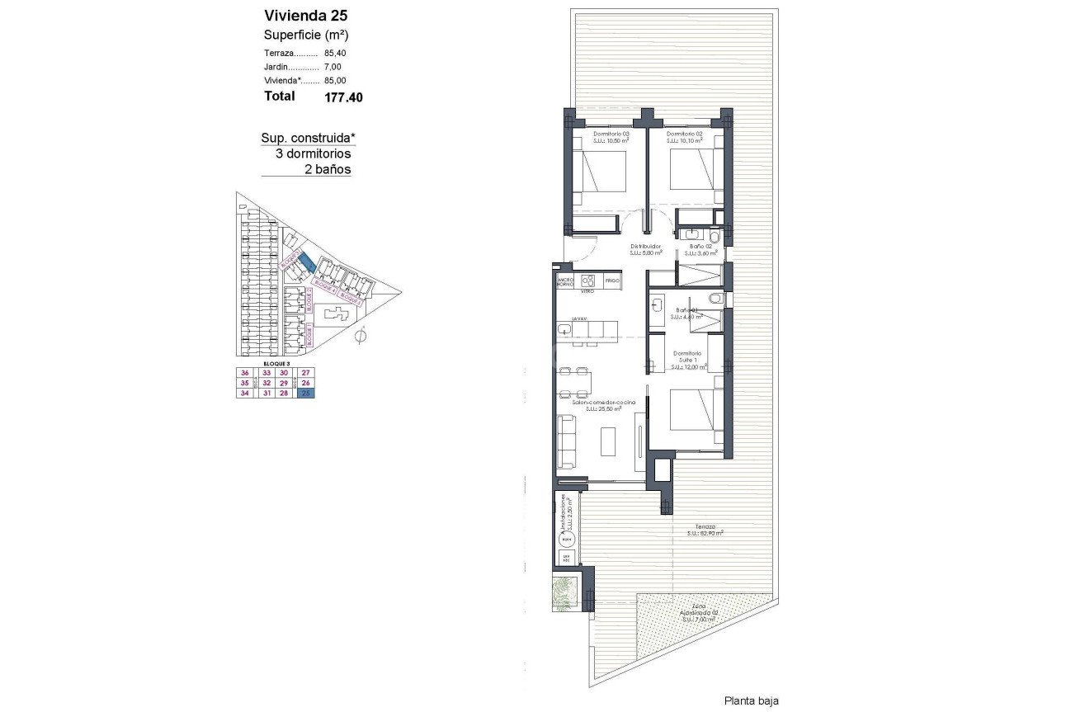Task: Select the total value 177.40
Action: point(343,97)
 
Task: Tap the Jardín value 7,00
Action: point(333,67)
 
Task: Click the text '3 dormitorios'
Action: point(313,153)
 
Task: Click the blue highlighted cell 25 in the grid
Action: point(307,394)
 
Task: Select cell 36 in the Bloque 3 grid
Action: point(243,372)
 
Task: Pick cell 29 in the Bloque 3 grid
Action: point(284,383)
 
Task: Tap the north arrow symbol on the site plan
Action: point(360,336)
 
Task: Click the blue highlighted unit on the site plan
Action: point(304,262)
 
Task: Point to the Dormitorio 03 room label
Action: point(612,134)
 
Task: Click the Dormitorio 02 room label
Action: point(685,134)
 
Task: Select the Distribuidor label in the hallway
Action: point(646,246)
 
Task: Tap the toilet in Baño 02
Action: point(715,237)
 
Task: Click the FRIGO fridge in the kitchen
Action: point(611,281)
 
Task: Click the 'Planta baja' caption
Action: point(751,700)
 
